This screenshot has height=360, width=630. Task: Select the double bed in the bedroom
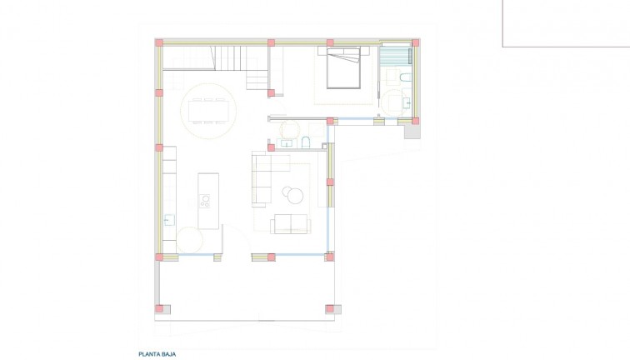(342, 68)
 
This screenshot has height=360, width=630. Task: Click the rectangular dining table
(208, 109)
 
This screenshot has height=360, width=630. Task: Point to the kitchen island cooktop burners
(204, 200)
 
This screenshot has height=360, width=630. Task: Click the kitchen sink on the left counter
(168, 220)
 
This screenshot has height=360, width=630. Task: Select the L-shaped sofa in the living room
(265, 177)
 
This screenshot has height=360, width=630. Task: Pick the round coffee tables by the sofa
(293, 193)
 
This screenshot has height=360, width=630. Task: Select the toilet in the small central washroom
(306, 141)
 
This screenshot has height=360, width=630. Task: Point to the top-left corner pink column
(158, 42)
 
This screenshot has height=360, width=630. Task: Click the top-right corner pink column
(414, 42)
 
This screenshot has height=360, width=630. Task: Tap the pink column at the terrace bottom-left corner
(159, 309)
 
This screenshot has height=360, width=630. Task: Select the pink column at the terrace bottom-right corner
(330, 309)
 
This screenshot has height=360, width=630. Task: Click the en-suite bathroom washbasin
(405, 103)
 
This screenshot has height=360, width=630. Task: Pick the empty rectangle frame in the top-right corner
(566, 22)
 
